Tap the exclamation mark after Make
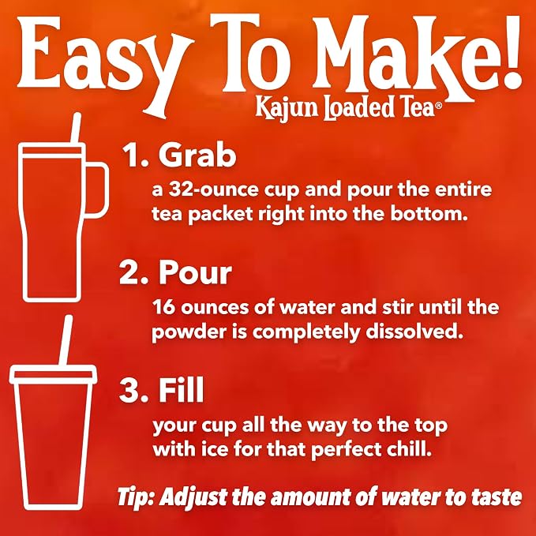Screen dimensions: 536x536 point(510,51)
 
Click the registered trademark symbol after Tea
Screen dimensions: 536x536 point(438,105)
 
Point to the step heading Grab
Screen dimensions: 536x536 point(197,155)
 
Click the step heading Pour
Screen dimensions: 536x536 point(195,273)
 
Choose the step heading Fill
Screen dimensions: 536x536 point(182,390)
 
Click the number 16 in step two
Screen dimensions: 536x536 point(163,307)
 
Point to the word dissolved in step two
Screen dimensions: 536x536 point(414,331)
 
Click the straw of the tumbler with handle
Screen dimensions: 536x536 point(76,128)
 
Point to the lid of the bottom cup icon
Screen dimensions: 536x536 point(54,374)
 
